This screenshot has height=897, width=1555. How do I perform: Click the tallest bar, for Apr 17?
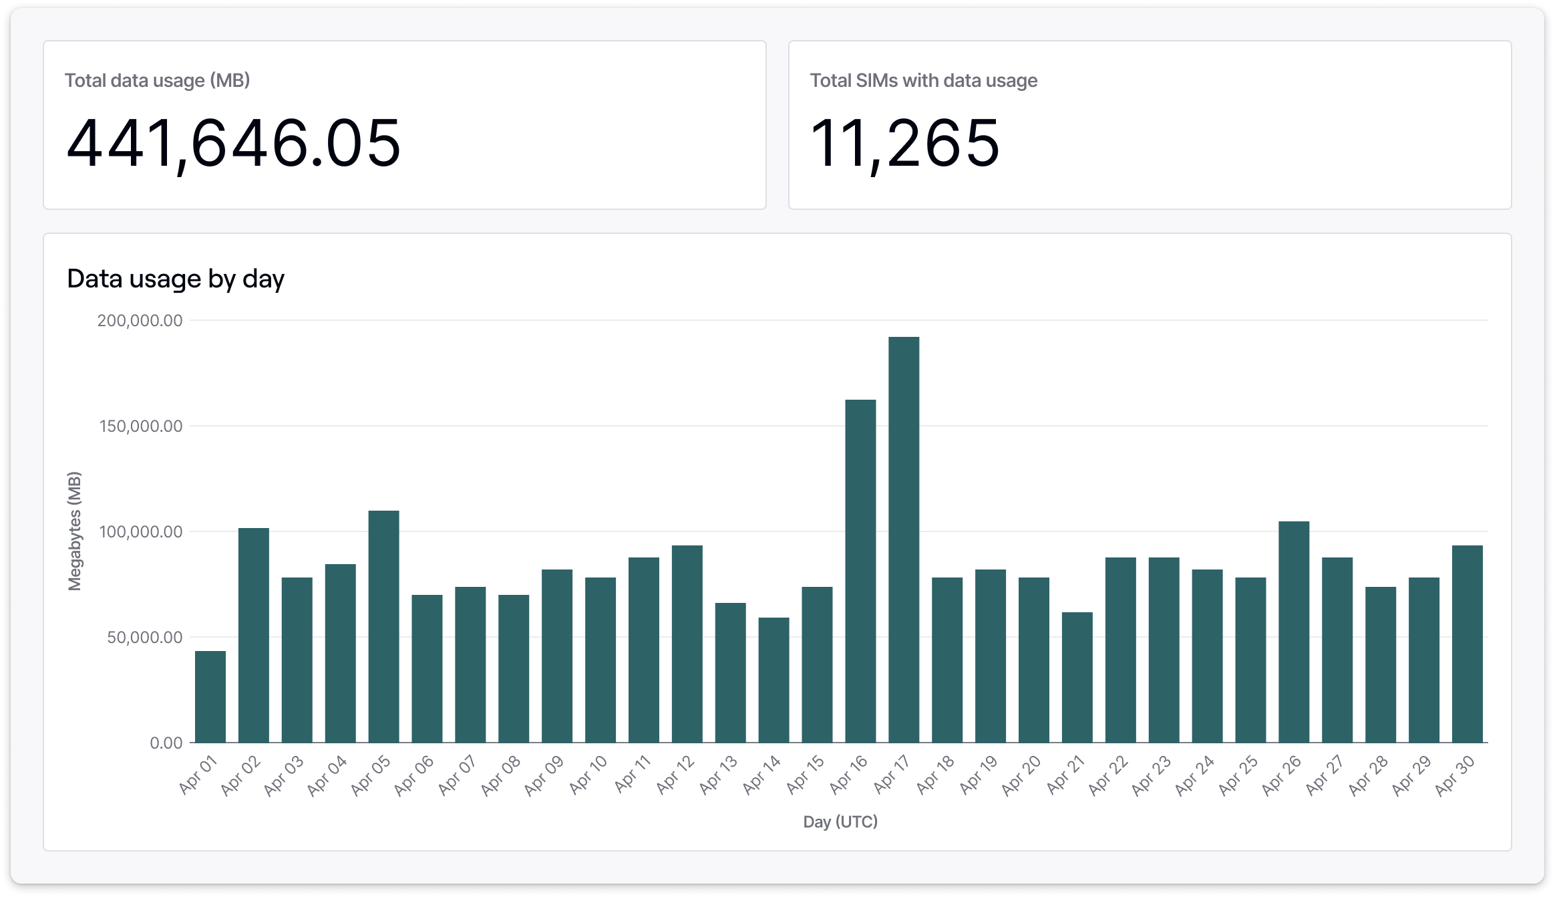(x=904, y=539)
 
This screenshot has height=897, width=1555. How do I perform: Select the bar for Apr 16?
(x=860, y=571)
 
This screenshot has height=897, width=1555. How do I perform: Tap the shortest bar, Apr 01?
(x=210, y=696)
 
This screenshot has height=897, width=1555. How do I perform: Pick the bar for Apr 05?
(x=383, y=626)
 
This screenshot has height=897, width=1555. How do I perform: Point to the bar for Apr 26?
(x=1294, y=632)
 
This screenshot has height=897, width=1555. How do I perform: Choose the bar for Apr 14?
(x=773, y=680)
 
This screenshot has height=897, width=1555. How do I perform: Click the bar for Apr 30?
(x=1467, y=644)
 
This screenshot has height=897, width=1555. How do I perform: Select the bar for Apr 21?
(x=1077, y=677)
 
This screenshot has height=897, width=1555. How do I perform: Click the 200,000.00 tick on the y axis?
(x=140, y=321)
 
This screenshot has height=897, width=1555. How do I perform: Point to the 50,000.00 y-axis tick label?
(x=145, y=638)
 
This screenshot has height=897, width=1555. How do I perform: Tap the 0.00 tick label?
(x=166, y=743)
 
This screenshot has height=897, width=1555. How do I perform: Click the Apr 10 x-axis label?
(x=588, y=775)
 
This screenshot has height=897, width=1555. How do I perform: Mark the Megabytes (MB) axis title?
(x=74, y=531)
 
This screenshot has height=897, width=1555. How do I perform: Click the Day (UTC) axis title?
(x=840, y=821)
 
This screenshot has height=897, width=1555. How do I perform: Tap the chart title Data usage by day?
(x=176, y=279)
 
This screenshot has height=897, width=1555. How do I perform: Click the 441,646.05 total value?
(x=233, y=144)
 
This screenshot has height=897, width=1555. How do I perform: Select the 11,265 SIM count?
(x=904, y=144)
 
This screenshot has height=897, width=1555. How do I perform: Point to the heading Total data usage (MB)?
(x=157, y=81)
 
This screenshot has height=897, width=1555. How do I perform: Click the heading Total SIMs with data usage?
(x=924, y=81)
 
